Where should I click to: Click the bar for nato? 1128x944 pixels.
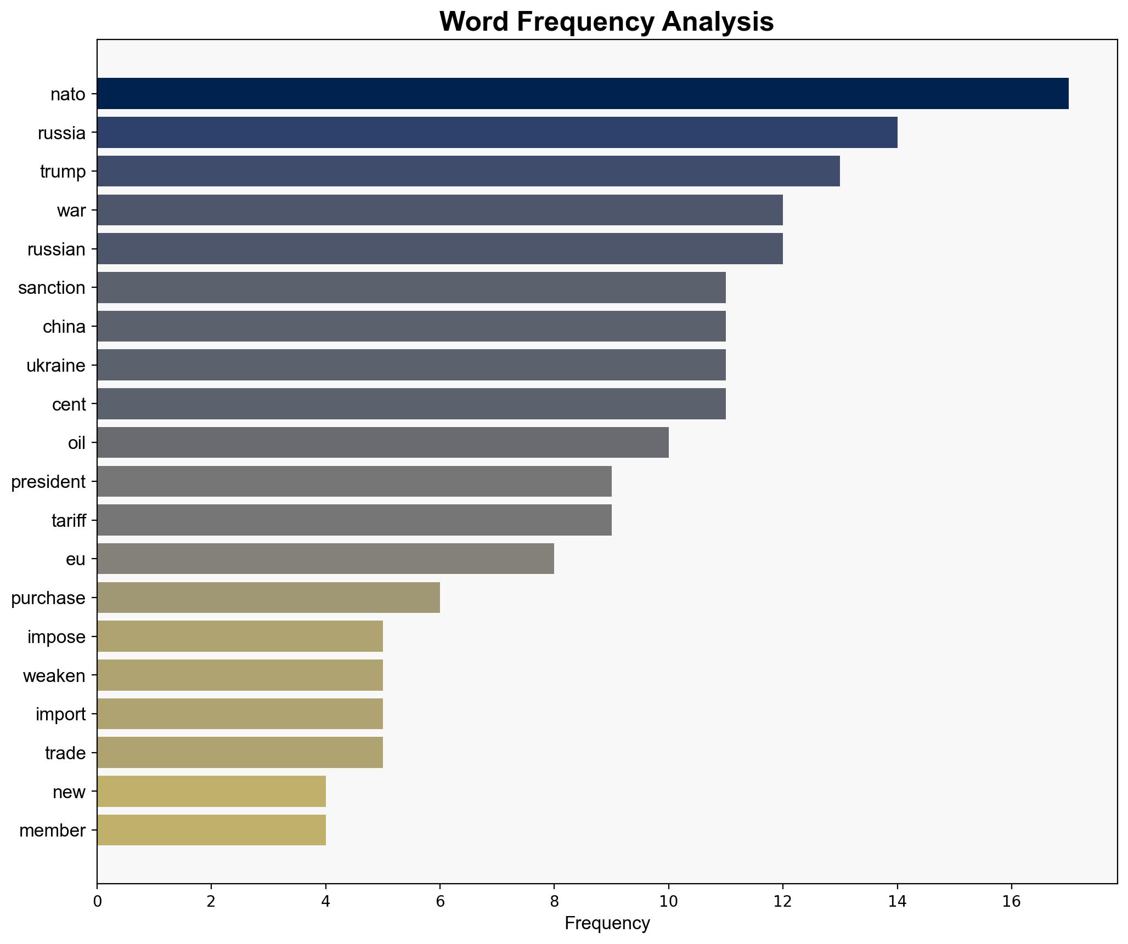click(x=583, y=94)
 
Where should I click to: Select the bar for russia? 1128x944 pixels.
click(x=497, y=133)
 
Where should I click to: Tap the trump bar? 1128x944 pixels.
click(x=468, y=171)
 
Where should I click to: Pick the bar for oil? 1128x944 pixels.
click(x=382, y=442)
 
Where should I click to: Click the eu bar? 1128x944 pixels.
click(x=325, y=559)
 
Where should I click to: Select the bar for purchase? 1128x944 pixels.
click(x=268, y=598)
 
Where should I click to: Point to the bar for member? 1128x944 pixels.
click(x=211, y=830)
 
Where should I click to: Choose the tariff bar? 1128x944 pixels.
click(x=354, y=520)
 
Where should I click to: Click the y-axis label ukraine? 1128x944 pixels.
click(x=56, y=366)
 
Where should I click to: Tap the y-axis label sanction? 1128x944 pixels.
click(x=52, y=288)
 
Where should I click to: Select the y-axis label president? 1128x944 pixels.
click(x=48, y=482)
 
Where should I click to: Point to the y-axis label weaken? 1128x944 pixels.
click(x=54, y=676)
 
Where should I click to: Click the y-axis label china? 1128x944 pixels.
click(x=64, y=327)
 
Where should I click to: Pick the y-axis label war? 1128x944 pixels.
click(x=71, y=211)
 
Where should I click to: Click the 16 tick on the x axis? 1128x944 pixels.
click(x=1011, y=901)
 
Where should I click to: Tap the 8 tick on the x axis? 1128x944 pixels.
click(x=554, y=901)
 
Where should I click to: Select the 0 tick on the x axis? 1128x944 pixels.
click(x=97, y=901)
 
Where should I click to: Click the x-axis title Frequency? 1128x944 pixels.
click(x=607, y=924)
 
